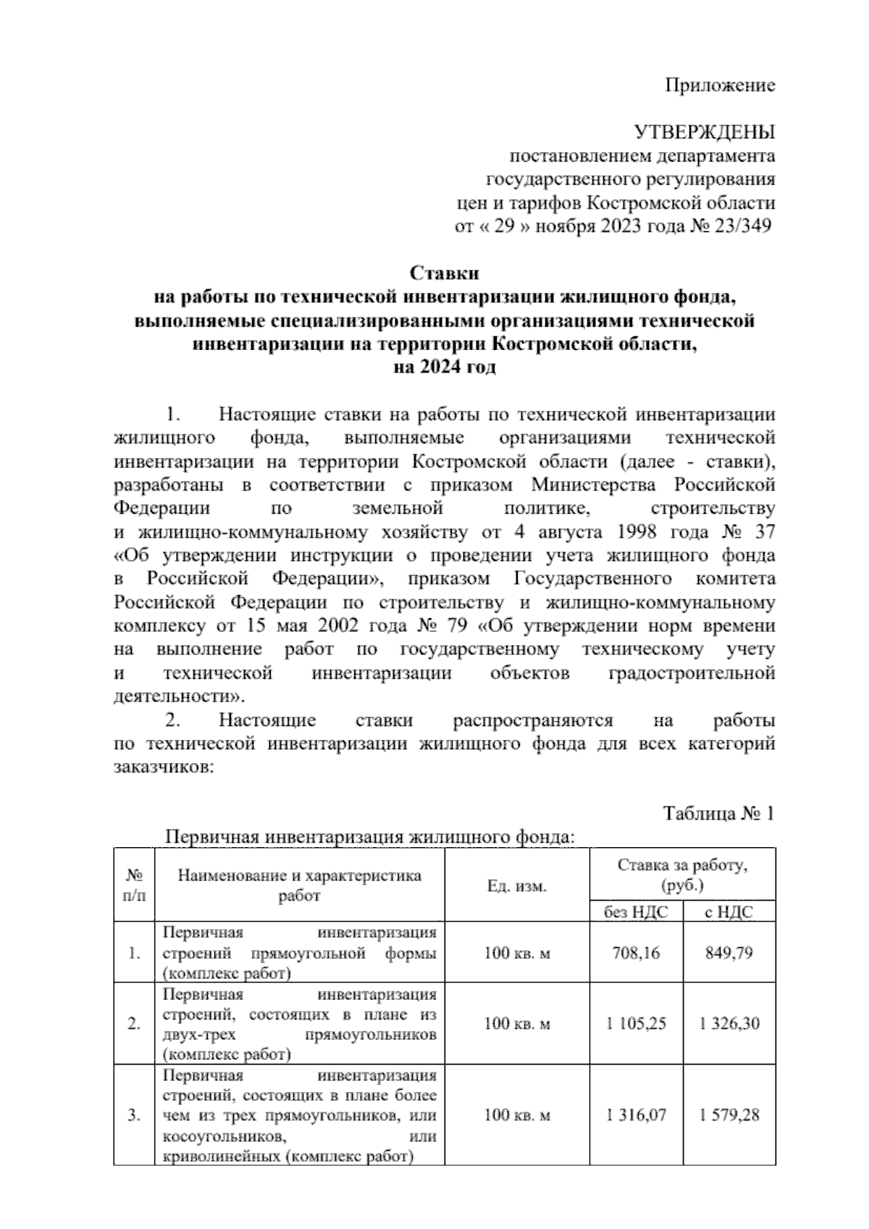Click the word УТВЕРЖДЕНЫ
pyautogui.click(x=704, y=133)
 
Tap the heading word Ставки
pyautogui.click(x=445, y=273)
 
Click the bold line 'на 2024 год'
pyautogui.click(x=445, y=367)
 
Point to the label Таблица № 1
pyautogui.click(x=719, y=814)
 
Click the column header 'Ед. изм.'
pyautogui.click(x=517, y=886)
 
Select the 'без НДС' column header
pyautogui.click(x=635, y=912)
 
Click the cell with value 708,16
pyautogui.click(x=635, y=952)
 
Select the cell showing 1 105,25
pyautogui.click(x=635, y=1023)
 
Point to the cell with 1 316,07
pyautogui.click(x=635, y=1115)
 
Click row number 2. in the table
pyautogui.click(x=134, y=1023)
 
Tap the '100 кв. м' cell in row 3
pyautogui.click(x=517, y=1115)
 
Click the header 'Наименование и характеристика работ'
pyautogui.click(x=300, y=885)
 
